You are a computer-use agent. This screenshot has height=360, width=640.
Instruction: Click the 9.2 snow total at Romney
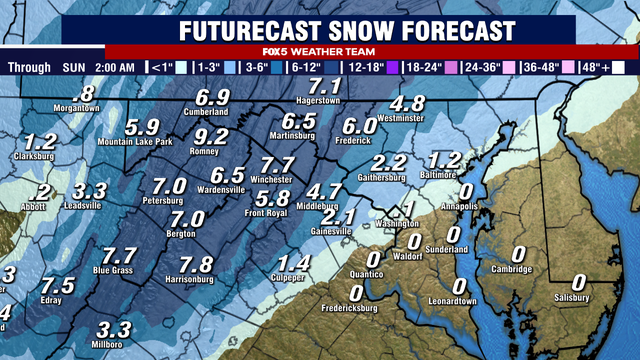pos(212,137)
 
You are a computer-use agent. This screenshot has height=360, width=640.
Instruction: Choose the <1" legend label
pos(161,68)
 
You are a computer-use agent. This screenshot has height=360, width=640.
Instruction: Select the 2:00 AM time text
pos(111,68)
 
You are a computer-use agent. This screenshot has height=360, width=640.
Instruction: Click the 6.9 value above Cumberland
pos(213,98)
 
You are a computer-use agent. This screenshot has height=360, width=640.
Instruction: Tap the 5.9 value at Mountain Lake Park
pos(143,127)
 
